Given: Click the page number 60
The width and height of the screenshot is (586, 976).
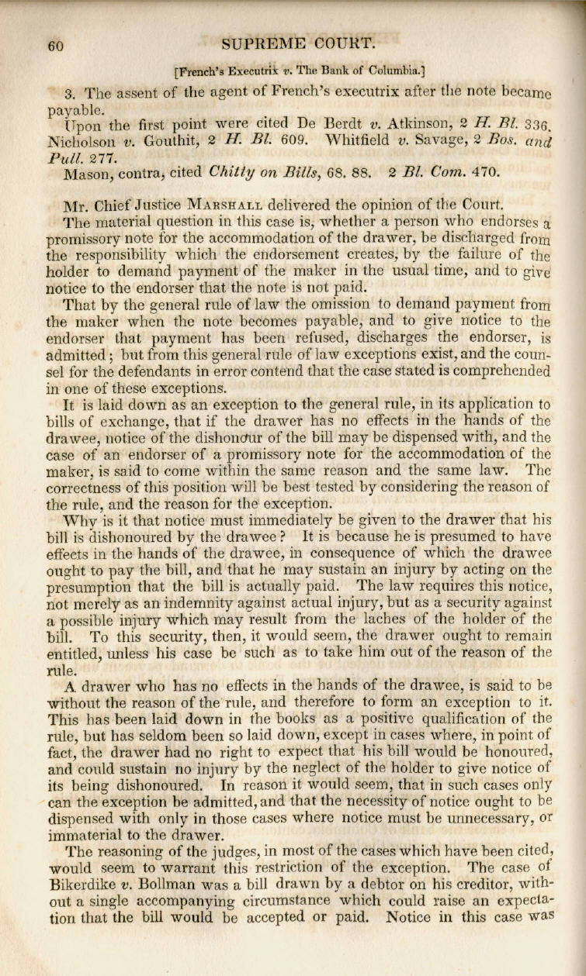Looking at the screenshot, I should pyautogui.click(x=54, y=45).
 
